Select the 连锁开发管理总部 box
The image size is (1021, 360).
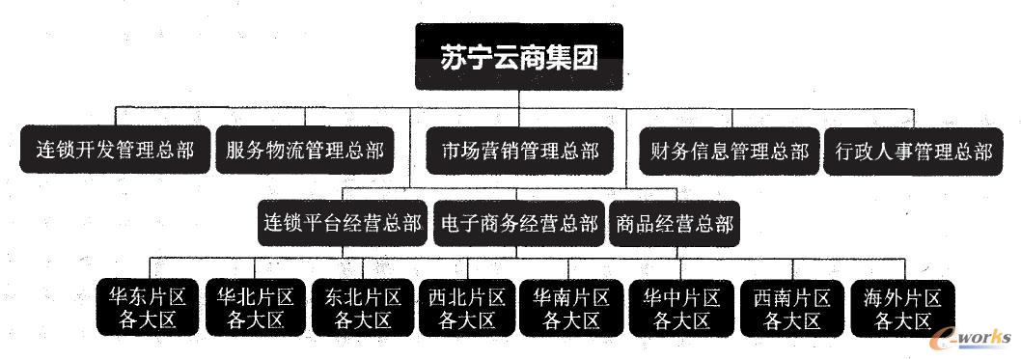pyautogui.click(x=115, y=151)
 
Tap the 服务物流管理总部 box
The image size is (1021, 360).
pyautogui.click(x=305, y=151)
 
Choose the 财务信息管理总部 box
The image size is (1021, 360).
pyautogui.click(x=730, y=151)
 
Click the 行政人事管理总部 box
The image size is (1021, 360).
pyautogui.click(x=913, y=151)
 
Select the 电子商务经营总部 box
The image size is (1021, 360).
pyautogui.click(x=519, y=223)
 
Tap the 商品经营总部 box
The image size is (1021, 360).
pyautogui.click(x=675, y=223)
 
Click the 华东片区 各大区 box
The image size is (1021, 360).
pyautogui.click(x=148, y=308)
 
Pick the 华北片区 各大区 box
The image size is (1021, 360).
pyautogui.click(x=255, y=308)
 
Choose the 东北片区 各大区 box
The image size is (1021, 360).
pyautogui.click(x=363, y=308)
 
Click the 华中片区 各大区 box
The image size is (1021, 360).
pyautogui.click(x=681, y=308)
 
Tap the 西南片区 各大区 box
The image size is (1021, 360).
pyautogui.click(x=791, y=308)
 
